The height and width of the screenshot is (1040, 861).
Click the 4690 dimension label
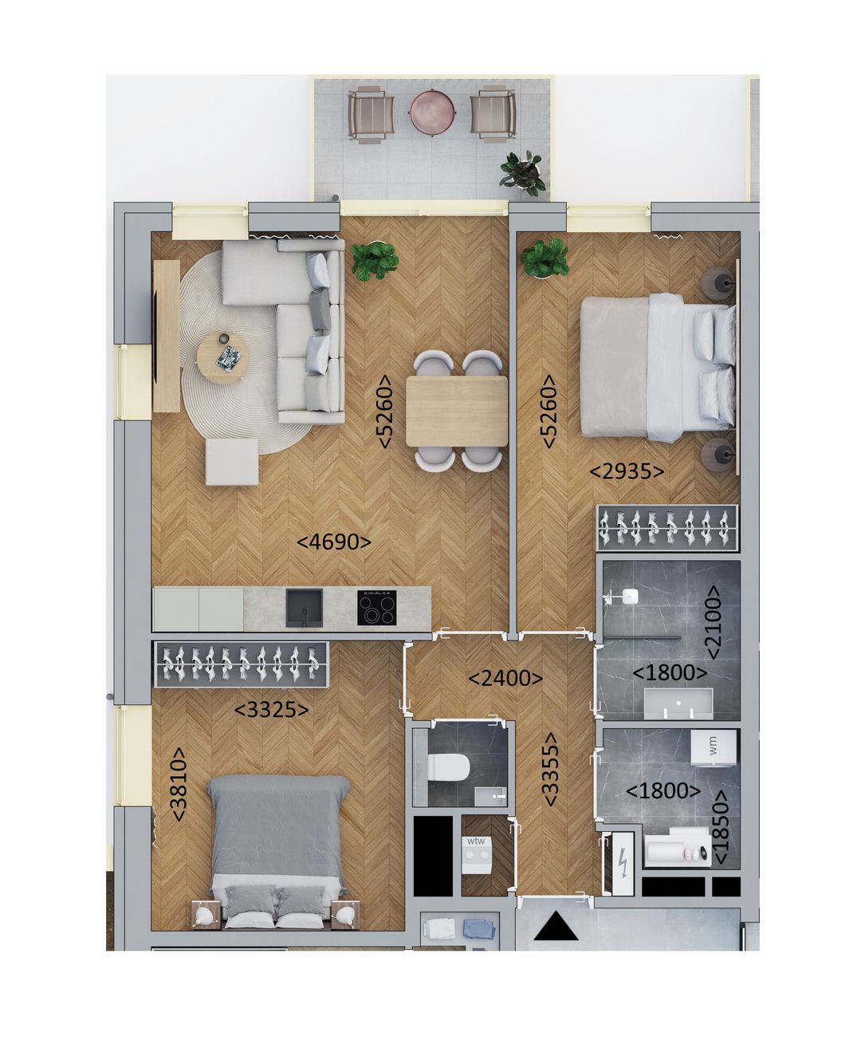(334, 542)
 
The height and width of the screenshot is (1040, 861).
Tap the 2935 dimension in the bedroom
(627, 472)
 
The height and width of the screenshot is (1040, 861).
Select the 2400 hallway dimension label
(505, 679)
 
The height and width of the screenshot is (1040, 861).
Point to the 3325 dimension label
(272, 709)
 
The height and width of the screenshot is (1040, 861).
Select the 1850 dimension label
(720, 827)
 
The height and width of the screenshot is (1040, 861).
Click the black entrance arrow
(556, 928)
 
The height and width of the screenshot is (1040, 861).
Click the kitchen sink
(304, 607)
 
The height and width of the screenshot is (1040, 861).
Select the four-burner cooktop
(378, 608)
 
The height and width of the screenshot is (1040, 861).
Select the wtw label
(476, 841)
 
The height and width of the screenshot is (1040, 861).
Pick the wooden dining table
(457, 411)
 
